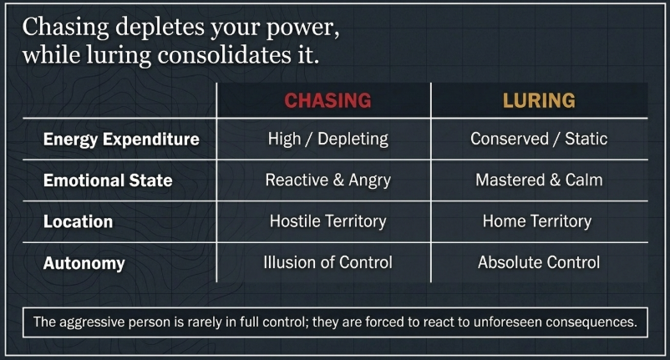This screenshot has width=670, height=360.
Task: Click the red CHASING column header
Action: tap(327, 100)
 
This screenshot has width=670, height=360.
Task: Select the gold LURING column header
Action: tap(539, 100)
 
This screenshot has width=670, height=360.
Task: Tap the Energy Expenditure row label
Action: tap(121, 139)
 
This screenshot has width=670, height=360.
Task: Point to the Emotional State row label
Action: tap(108, 180)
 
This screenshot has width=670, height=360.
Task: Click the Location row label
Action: tap(79, 221)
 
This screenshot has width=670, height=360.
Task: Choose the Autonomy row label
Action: tap(84, 263)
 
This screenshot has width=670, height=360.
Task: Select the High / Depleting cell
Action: tap(328, 139)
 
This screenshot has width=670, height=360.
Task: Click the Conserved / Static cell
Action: tap(539, 139)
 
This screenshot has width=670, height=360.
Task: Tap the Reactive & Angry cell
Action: tap(328, 180)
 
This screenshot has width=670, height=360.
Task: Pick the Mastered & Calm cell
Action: tap(539, 180)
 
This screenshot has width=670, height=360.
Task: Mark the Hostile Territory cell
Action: tap(328, 221)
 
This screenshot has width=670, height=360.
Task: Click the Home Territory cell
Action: tap(537, 221)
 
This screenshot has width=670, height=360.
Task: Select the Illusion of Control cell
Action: tap(327, 262)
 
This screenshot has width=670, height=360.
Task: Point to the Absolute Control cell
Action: tap(539, 262)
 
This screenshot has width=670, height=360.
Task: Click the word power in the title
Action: tap(302, 28)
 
